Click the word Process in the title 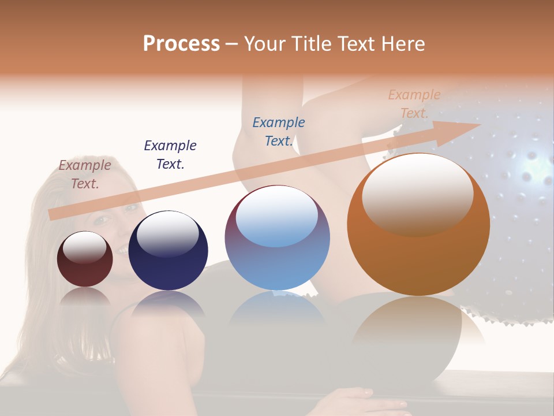pos(181,44)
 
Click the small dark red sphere pos(85,259)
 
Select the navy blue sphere pos(168,250)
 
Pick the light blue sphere pos(277,237)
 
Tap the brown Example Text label pos(85,174)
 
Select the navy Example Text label pos(170,155)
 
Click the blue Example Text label pos(279,132)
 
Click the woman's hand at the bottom pos(352,402)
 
